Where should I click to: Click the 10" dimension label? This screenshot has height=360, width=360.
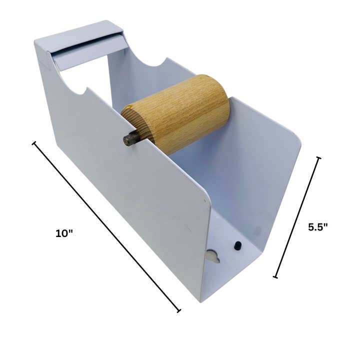click(64, 234)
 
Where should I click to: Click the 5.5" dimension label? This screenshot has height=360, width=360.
click(317, 226)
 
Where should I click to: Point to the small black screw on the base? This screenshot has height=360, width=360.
click(237, 245)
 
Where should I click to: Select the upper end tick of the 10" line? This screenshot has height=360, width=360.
click(34, 143)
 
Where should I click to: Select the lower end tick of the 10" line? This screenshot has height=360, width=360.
click(178, 310)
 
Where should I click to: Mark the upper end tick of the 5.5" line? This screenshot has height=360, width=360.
click(318, 158)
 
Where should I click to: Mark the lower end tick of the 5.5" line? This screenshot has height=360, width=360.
click(275, 276)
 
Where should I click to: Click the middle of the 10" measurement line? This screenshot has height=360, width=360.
click(106, 227)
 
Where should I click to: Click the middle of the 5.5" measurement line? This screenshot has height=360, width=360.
click(297, 217)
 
